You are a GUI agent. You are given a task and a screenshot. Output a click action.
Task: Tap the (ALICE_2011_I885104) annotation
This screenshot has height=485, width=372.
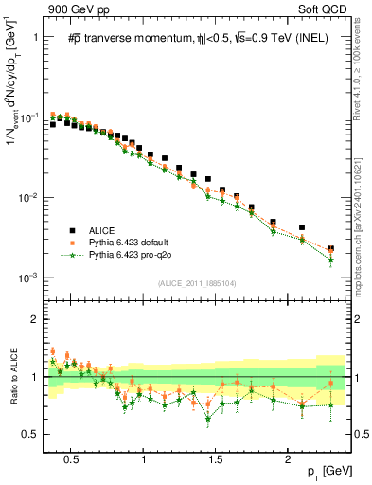[x=197, y=282]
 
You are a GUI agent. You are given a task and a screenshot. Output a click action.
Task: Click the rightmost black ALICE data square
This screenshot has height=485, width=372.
[x=330, y=249]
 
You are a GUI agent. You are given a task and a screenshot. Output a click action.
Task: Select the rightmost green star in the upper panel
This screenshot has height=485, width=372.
[x=330, y=260]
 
